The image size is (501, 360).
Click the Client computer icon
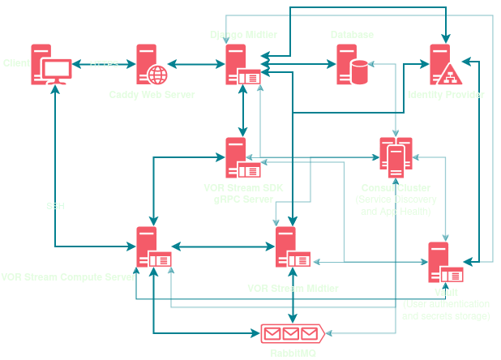pyautogui.click(x=51, y=64)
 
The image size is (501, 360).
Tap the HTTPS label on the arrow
pyautogui.click(x=104, y=64)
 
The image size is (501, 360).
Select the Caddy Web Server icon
pyautogui.click(x=152, y=64)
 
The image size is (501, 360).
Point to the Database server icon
pyautogui.click(x=351, y=64)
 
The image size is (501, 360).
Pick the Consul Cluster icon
pyautogui.click(x=396, y=157)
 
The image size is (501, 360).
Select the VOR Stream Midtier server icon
pyautogui.click(x=292, y=246)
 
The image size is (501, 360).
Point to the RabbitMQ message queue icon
pyautogui.click(x=292, y=333)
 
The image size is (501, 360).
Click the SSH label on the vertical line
pyautogui.click(x=55, y=206)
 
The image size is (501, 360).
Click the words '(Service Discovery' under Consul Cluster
pyautogui.click(x=395, y=199)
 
